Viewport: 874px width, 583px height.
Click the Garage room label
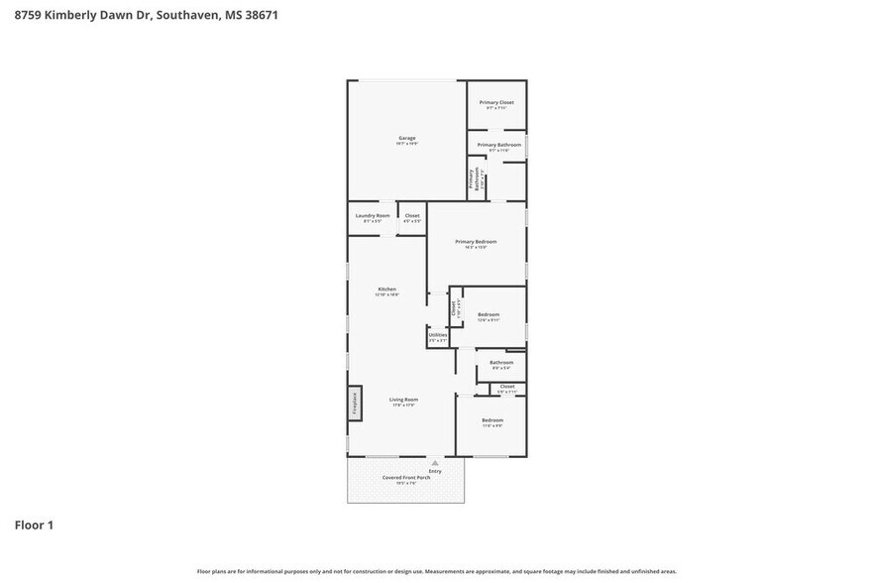pyautogui.click(x=406, y=138)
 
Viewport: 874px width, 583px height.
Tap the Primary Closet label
pyautogui.click(x=496, y=102)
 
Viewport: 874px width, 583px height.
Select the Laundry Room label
pyautogui.click(x=373, y=215)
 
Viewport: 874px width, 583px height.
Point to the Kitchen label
pyautogui.click(x=386, y=290)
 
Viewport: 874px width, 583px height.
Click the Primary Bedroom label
pyautogui.click(x=476, y=242)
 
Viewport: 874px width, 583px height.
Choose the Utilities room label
pyautogui.click(x=438, y=335)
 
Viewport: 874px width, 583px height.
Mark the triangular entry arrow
pyautogui.click(x=434, y=463)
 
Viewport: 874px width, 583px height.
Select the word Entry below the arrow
pyautogui.click(x=434, y=471)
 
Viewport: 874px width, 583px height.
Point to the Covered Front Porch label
pyautogui.click(x=406, y=478)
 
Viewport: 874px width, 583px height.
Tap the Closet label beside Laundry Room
pyautogui.click(x=412, y=215)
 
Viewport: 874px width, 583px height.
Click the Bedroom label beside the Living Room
pyautogui.click(x=492, y=420)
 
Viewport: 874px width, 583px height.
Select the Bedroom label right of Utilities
pyautogui.click(x=489, y=315)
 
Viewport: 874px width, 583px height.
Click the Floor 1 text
pyautogui.click(x=33, y=525)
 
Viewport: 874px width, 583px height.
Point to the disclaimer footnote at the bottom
pyautogui.click(x=436, y=571)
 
